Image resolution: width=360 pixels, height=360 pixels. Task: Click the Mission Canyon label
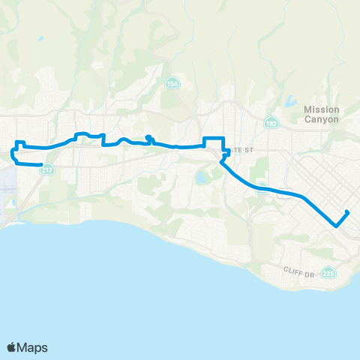point(322,114)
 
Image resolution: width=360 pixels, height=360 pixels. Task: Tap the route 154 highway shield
point(172,82)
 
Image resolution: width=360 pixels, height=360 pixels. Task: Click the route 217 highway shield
point(47,169)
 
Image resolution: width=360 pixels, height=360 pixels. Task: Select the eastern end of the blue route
point(349,212)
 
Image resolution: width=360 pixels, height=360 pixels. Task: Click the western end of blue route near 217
point(42,163)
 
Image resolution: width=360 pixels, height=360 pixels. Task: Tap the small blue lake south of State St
point(201,178)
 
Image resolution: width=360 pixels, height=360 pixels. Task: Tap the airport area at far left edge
point(6,187)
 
